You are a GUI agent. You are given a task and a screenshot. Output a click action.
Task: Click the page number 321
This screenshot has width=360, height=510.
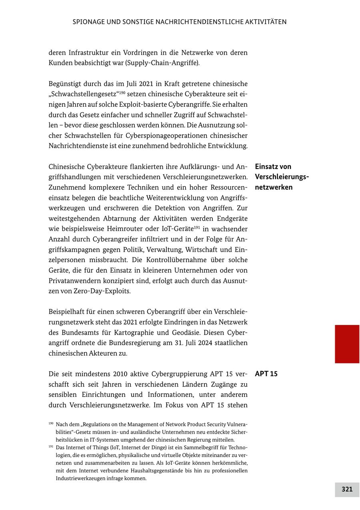[x=347, y=489]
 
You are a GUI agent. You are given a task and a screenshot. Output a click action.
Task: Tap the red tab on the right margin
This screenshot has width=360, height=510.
[x=347, y=344]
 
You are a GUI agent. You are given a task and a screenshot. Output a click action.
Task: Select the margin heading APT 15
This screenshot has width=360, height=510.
[x=266, y=374]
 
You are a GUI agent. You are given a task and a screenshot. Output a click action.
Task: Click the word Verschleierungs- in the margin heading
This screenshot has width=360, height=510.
[x=282, y=177]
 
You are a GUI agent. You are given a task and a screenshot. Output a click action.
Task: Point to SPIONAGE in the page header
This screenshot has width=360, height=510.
[x=88, y=22]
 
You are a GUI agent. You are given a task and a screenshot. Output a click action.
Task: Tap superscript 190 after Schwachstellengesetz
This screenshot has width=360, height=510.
[x=122, y=92]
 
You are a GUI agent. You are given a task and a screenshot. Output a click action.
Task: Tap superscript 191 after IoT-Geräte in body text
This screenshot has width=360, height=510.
[x=197, y=227]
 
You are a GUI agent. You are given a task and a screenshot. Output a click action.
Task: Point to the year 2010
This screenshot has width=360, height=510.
[x=121, y=374]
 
